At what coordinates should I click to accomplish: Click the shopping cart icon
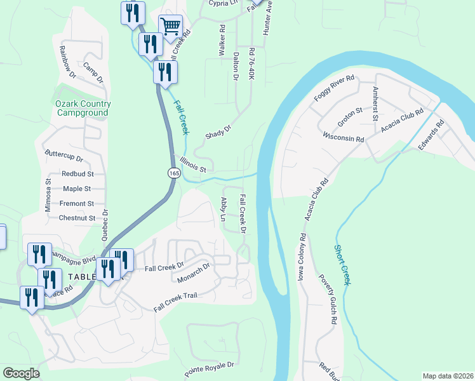170,27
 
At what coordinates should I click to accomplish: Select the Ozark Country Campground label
83,108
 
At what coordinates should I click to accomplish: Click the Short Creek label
342,265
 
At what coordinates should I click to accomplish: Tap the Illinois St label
193,164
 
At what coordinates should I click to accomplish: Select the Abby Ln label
223,209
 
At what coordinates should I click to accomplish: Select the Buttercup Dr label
64,156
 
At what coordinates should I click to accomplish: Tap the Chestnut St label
77,218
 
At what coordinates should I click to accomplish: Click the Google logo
21,373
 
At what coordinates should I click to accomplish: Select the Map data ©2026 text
448,376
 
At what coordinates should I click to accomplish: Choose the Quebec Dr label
105,223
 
